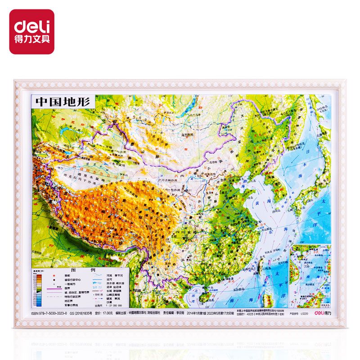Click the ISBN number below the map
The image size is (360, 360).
pyautogui.click(x=49, y=311)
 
